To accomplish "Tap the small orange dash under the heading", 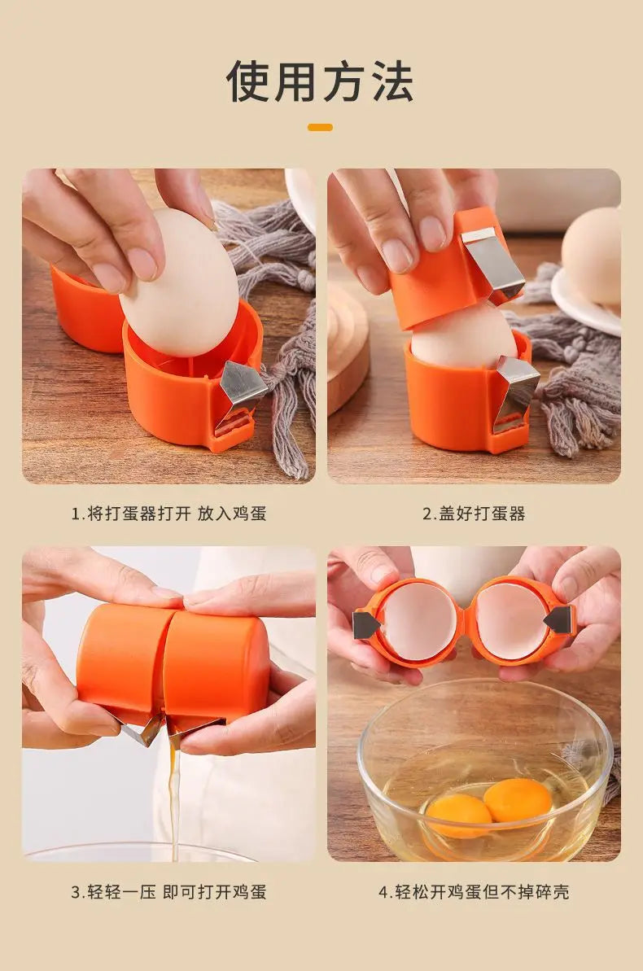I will pyautogui.click(x=321, y=127).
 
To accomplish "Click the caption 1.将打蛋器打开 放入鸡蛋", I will pyautogui.click(x=168, y=514).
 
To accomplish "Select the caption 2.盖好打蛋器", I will pyautogui.click(x=474, y=514).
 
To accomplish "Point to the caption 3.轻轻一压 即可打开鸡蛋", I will pyautogui.click(x=168, y=891).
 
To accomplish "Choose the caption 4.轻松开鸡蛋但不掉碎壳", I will pyautogui.click(x=474, y=891).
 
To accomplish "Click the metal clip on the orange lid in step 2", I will pyautogui.click(x=492, y=262).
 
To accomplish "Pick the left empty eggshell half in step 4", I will pyautogui.click(x=420, y=620).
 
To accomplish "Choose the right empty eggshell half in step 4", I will pyautogui.click(x=511, y=620).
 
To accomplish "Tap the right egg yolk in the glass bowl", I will pyautogui.click(x=518, y=799).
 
